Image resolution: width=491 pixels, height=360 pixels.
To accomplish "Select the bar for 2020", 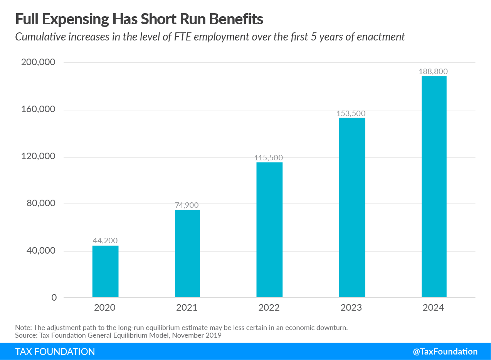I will [105, 271].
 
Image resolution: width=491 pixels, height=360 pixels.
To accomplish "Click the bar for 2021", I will [187, 253].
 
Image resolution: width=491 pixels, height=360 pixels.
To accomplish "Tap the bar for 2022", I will [269, 230].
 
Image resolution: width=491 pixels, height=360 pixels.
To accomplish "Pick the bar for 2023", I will [352, 207].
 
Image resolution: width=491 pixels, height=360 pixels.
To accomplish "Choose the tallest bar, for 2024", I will [434, 187].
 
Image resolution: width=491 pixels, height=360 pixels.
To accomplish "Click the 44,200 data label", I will [105, 241].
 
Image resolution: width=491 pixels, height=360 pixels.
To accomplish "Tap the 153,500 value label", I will [351, 113].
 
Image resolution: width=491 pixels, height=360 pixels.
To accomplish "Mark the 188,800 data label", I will [433, 72].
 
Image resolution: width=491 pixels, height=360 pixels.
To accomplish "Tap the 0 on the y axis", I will [54, 298].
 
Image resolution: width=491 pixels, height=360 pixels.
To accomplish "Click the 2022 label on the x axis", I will [269, 308].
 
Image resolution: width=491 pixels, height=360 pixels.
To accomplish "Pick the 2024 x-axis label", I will [433, 308].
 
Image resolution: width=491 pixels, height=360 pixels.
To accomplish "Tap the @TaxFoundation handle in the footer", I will [445, 352].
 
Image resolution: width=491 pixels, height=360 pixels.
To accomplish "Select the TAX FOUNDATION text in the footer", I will [55, 352].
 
